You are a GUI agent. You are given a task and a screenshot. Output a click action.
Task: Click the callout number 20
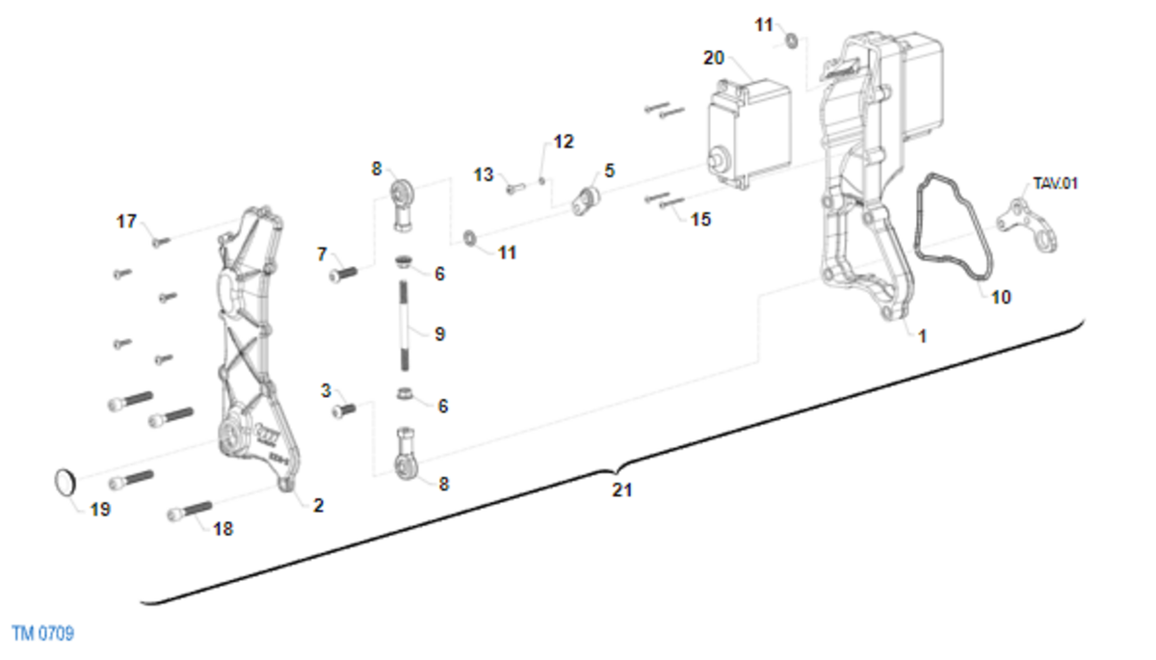(x=714, y=58)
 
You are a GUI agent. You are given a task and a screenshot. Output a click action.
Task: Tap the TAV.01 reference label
(x=1056, y=183)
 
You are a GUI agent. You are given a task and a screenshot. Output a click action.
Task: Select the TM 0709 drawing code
(x=43, y=633)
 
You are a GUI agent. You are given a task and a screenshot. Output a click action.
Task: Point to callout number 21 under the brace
(x=622, y=489)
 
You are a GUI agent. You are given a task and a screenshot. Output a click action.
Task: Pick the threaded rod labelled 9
(x=404, y=325)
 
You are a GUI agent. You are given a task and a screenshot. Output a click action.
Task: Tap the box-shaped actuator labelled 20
(x=749, y=134)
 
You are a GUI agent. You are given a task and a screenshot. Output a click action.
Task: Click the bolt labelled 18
(x=190, y=511)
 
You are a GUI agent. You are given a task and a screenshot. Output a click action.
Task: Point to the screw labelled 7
(x=343, y=274)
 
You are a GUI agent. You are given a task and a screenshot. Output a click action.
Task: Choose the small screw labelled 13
(x=514, y=188)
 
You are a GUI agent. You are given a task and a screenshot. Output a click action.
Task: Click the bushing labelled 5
(x=587, y=200)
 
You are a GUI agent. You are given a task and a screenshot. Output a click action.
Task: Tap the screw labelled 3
(x=344, y=410)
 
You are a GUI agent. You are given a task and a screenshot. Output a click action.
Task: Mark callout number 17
(x=126, y=222)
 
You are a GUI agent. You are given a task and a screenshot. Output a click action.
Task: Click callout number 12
(x=563, y=142)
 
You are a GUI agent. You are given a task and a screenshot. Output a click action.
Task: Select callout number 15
(x=700, y=220)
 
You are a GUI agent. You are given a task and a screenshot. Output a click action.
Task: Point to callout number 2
(x=319, y=505)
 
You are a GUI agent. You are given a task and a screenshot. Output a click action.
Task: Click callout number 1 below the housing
(x=922, y=336)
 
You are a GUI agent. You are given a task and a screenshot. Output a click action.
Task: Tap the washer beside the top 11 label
(x=791, y=40)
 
